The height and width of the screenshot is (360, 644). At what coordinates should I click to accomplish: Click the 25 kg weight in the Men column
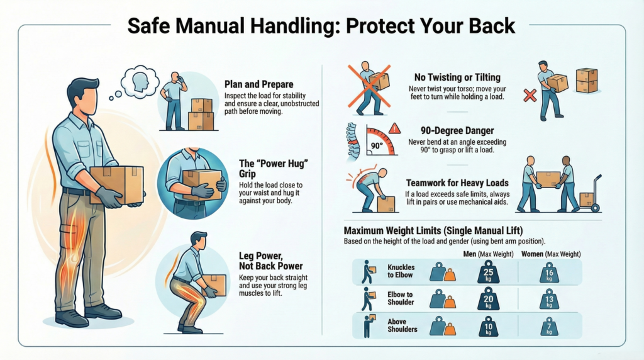click(x=488, y=272)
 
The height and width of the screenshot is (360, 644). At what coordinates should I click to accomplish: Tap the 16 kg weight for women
click(x=549, y=273)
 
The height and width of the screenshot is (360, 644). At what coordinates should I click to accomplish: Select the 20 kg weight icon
click(x=488, y=299)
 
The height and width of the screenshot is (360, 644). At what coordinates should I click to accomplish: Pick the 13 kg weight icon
click(x=549, y=300)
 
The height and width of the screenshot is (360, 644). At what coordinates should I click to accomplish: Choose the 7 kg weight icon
click(x=549, y=327)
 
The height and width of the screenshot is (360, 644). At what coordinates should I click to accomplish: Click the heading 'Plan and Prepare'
click(x=258, y=85)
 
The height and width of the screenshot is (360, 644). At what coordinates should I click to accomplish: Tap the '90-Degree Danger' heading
click(x=457, y=131)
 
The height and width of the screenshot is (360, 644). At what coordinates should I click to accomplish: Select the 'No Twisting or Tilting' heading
click(x=457, y=77)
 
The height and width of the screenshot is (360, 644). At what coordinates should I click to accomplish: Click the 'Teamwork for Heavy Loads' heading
click(x=457, y=183)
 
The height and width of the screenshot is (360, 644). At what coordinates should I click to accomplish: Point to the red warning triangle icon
click(x=394, y=128)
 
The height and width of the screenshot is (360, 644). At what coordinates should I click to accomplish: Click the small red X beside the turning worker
click(x=530, y=96)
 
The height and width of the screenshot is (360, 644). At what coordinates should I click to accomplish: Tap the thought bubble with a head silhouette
click(x=140, y=82)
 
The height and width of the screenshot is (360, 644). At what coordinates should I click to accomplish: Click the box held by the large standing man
click(x=116, y=184)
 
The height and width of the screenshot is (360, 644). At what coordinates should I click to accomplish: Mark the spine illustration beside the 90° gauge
click(x=352, y=141)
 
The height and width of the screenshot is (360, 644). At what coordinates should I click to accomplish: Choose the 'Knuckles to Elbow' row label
click(x=401, y=271)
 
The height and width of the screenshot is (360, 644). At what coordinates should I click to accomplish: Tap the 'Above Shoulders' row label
click(x=402, y=325)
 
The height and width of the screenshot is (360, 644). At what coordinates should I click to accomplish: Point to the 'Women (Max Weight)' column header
click(x=551, y=254)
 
